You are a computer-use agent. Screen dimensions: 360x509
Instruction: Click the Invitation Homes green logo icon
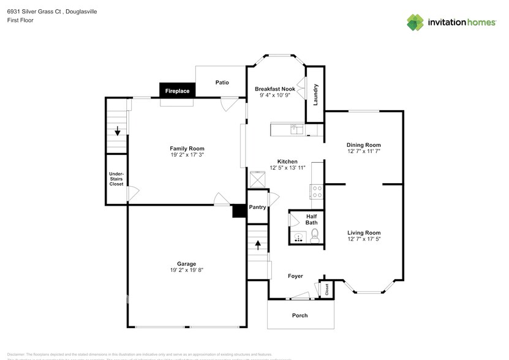(x=415, y=22)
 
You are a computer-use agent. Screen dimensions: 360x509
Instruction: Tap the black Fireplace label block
(x=177, y=91)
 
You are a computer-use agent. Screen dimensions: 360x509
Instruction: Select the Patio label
(x=222, y=82)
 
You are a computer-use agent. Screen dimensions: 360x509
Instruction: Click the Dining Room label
(x=364, y=145)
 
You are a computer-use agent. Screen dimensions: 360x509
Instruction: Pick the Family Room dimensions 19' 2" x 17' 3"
(x=187, y=155)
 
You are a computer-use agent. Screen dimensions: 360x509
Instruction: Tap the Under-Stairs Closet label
(x=116, y=179)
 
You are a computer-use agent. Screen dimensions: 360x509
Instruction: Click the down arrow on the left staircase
(x=117, y=130)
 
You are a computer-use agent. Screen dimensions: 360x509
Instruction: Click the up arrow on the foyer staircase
(x=258, y=246)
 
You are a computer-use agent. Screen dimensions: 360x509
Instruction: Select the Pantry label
(x=258, y=207)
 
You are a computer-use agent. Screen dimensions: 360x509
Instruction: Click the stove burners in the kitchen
(x=317, y=191)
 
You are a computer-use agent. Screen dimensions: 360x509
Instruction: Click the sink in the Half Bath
(x=298, y=237)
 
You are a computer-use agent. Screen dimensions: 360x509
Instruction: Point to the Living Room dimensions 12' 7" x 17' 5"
(x=364, y=239)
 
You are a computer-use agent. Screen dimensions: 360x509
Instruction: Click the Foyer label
(x=295, y=276)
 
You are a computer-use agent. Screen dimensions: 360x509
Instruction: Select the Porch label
(x=300, y=315)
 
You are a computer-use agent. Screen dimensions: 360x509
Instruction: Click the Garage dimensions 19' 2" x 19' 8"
(x=187, y=271)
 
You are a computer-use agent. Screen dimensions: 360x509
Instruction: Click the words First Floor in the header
(x=20, y=20)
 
